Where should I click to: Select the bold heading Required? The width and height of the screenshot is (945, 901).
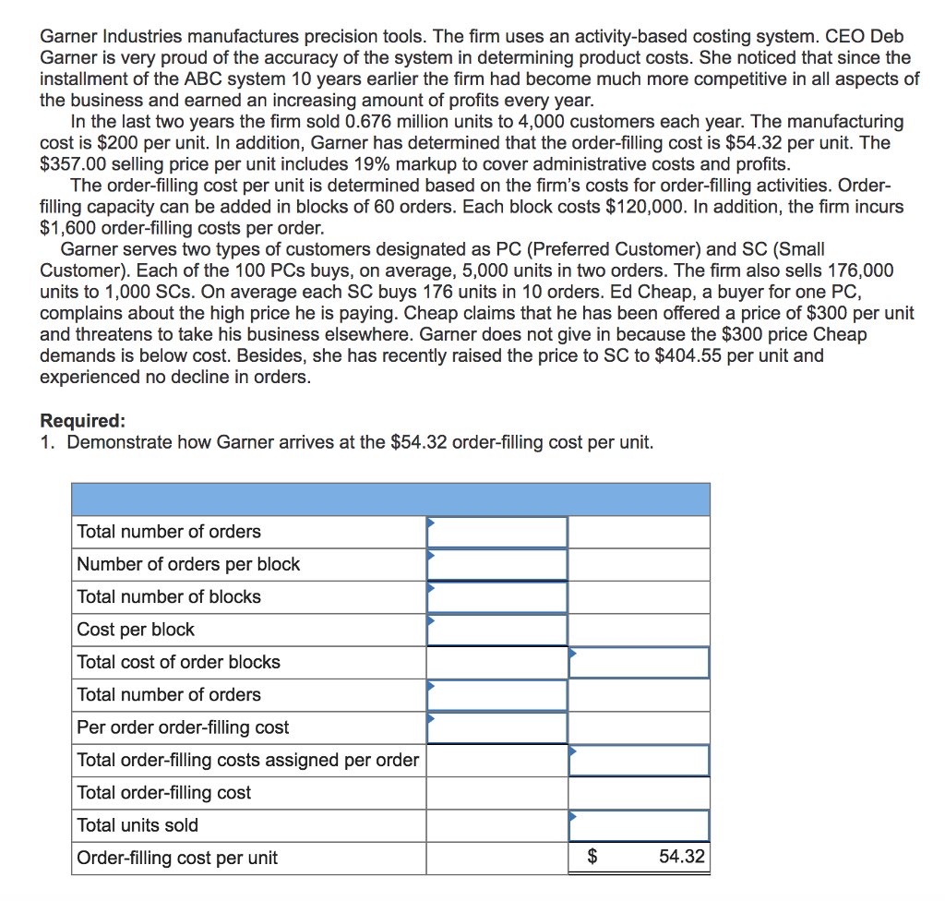[82, 421]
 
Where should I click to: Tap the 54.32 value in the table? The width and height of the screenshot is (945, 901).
[682, 857]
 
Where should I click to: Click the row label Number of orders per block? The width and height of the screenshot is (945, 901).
[188, 564]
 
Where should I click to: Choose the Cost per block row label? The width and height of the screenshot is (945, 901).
[136, 630]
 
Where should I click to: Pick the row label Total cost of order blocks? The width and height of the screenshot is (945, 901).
[178, 662]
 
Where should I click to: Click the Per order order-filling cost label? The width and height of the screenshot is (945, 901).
[183, 727]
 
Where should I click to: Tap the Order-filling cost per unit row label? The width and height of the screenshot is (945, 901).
[177, 858]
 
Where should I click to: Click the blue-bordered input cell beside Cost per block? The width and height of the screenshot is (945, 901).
[496, 630]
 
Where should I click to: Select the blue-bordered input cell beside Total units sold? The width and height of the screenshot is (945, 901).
[639, 825]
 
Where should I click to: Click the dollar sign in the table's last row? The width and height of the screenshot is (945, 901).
[593, 857]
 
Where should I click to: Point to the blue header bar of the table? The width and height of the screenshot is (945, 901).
[390, 499]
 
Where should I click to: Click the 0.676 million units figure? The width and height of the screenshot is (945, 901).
[370, 121]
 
